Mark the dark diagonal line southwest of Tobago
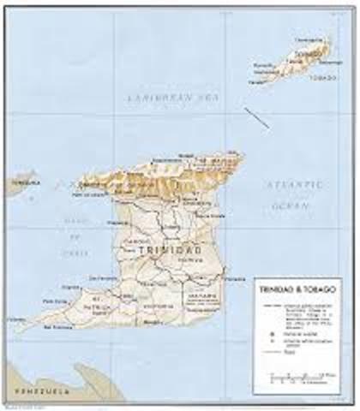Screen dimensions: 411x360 (x=255, y=117)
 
